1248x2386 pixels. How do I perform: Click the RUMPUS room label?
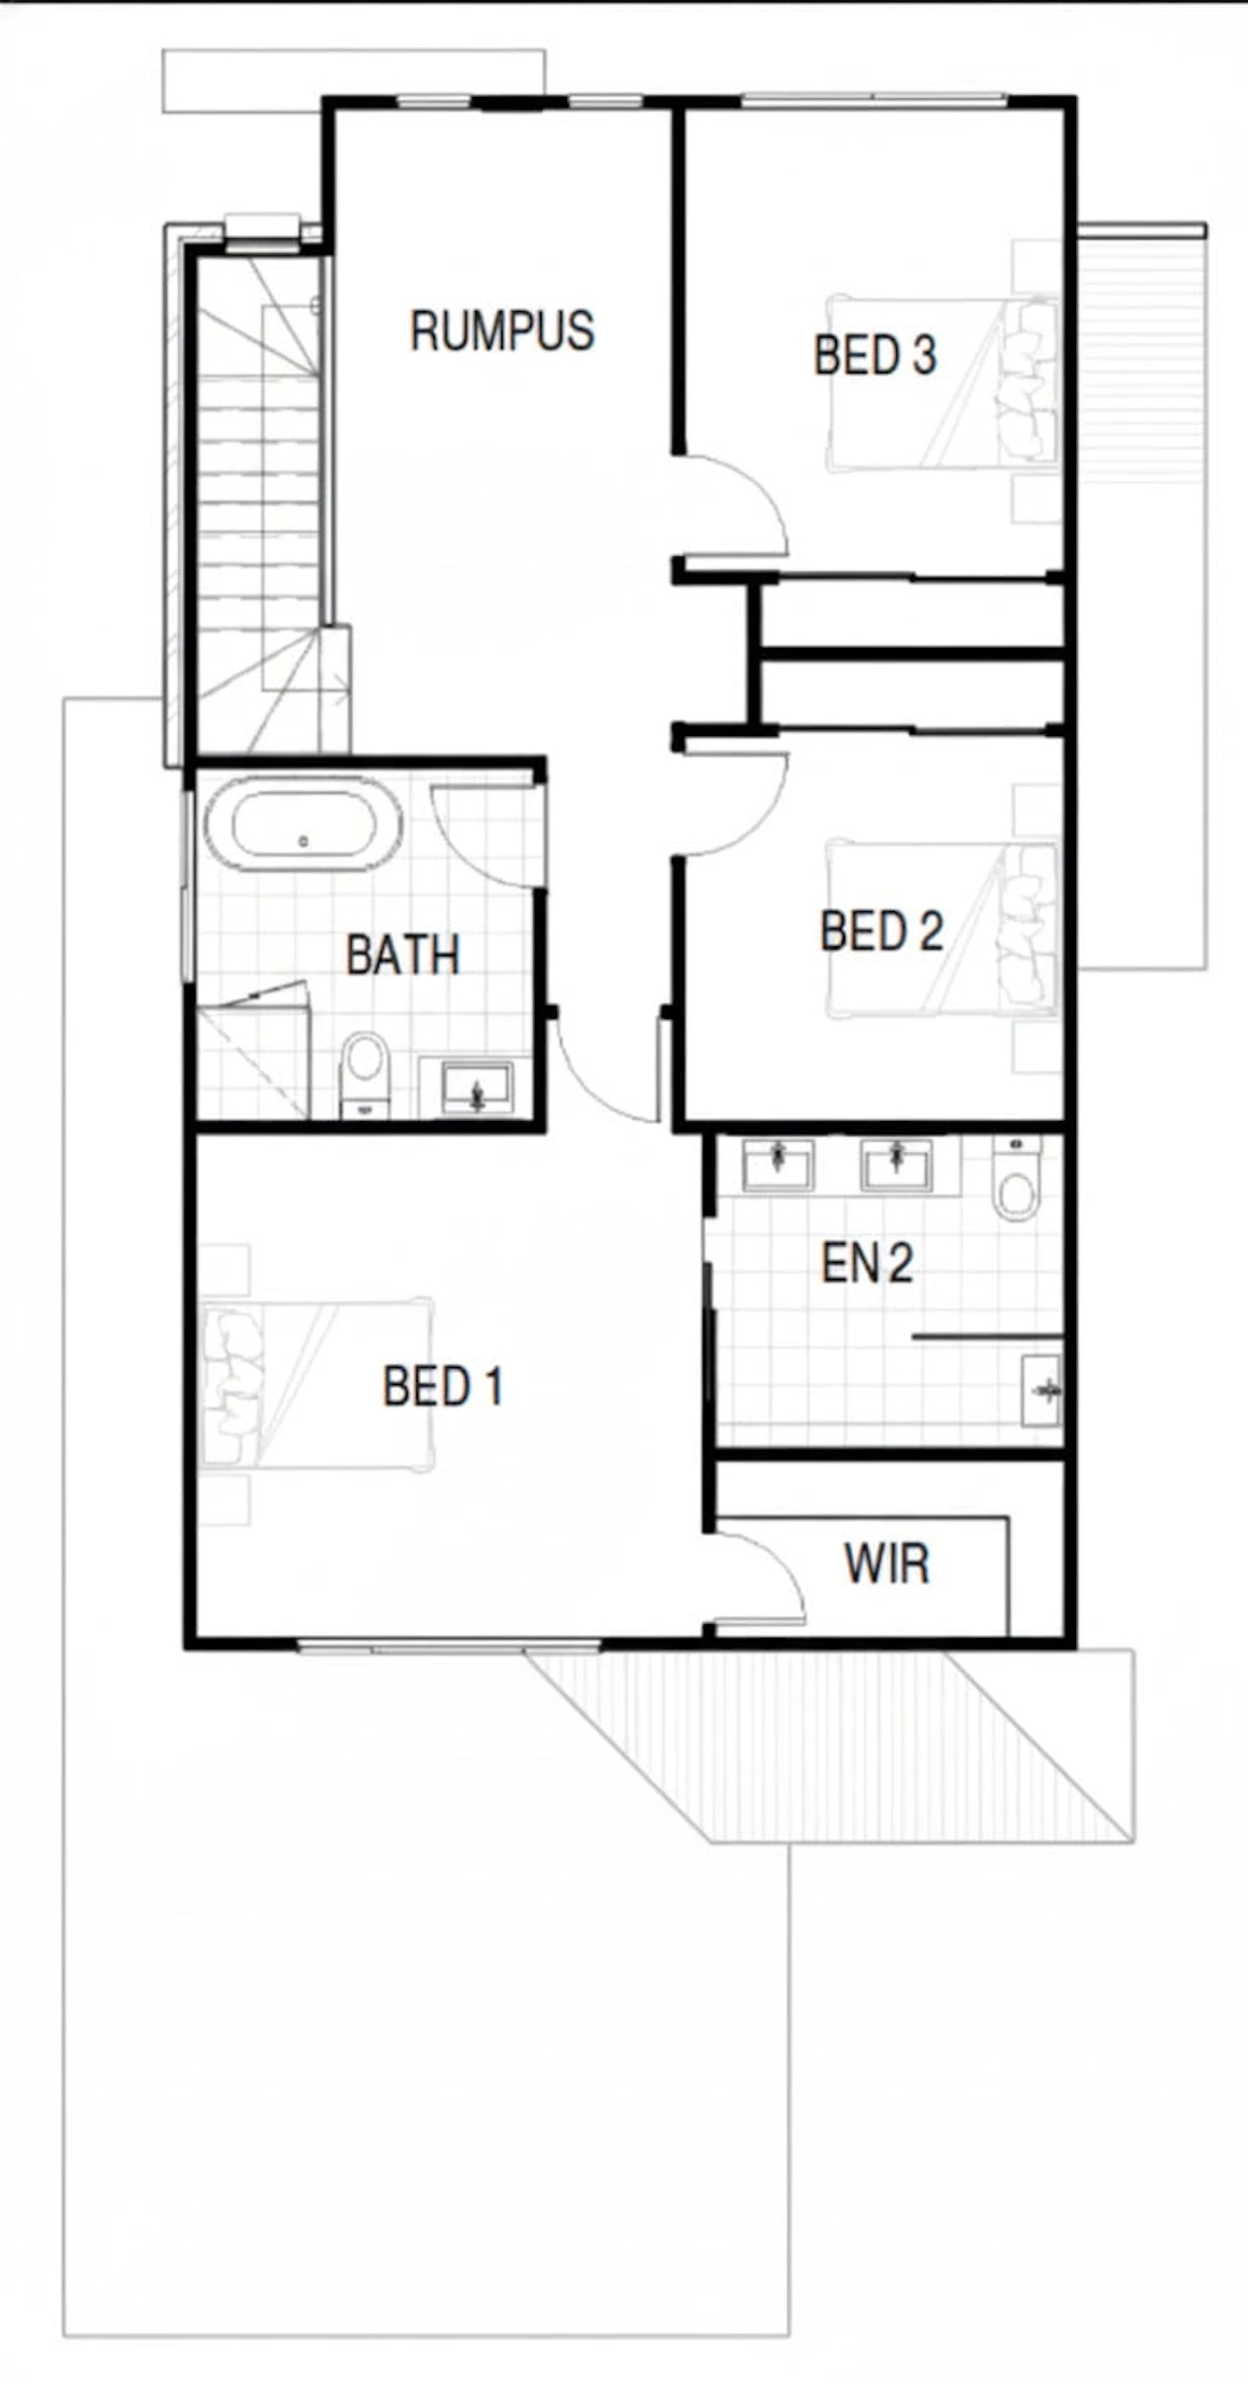[x=502, y=331]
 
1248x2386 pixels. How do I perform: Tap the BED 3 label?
[x=874, y=355]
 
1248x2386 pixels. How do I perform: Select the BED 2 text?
[x=881, y=931]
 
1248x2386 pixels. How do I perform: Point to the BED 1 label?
[x=443, y=1386]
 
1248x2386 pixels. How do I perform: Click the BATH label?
[x=403, y=955]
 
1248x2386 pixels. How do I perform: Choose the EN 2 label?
[x=867, y=1262]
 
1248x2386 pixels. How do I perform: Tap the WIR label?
[x=887, y=1564]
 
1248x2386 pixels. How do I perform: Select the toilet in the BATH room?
[x=365, y=1075]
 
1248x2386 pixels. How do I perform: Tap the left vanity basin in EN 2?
[x=778, y=1165]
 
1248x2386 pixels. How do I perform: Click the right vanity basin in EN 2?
[x=897, y=1165]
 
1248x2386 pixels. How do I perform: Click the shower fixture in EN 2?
[x=1041, y=1389]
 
